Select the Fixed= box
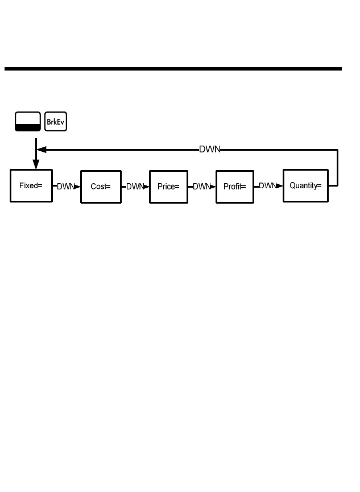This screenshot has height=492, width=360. click(x=31, y=186)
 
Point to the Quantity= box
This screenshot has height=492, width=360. click(x=305, y=185)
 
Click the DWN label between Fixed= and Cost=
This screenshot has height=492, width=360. click(x=64, y=187)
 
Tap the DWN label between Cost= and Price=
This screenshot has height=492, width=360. click(x=134, y=187)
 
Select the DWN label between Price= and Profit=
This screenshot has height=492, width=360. click(x=201, y=187)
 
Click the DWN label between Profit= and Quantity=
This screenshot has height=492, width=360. click(x=267, y=186)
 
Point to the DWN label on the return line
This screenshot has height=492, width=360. click(x=209, y=150)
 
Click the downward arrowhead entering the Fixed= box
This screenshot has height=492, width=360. click(x=36, y=164)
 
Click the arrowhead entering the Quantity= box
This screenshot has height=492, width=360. click(x=280, y=186)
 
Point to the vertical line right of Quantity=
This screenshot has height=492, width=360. click(x=338, y=168)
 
